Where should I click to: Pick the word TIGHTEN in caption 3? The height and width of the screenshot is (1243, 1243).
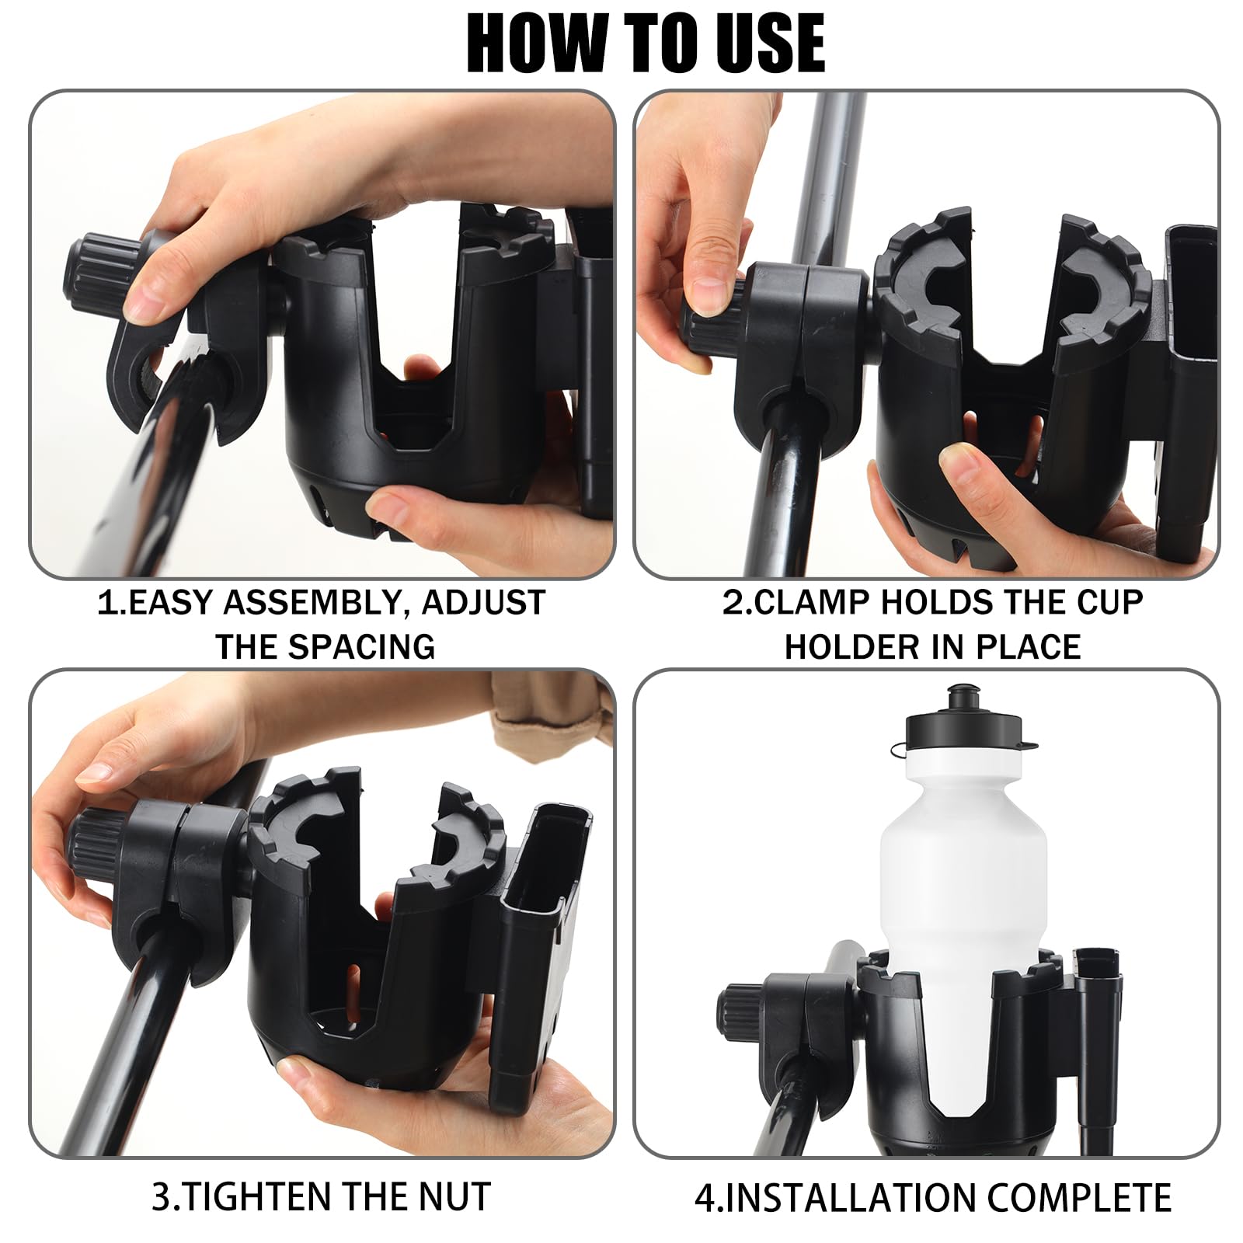pyautogui.click(x=262, y=1196)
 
